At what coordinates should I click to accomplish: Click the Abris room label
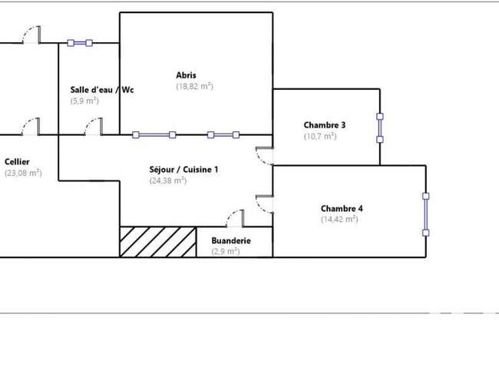tap(187, 75)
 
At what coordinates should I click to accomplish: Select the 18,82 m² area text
tap(194, 86)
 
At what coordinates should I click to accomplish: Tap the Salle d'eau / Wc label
tap(102, 90)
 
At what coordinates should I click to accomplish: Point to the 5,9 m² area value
tap(84, 101)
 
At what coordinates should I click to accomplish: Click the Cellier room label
tap(17, 162)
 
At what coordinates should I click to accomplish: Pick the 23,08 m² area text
tap(23, 173)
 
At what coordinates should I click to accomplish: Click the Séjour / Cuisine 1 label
tap(184, 169)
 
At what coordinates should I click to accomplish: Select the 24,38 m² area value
tap(167, 180)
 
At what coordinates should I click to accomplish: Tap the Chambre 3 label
tap(325, 125)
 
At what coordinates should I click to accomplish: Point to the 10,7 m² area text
tap(320, 136)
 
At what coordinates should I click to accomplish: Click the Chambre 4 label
tap(342, 208)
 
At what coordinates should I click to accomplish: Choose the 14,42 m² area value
tap(339, 220)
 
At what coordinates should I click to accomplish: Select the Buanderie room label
tap(231, 240)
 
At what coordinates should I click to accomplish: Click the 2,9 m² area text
tap(225, 251)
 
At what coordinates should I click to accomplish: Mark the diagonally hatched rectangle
tap(158, 242)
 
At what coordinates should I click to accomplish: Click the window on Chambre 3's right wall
tap(380, 128)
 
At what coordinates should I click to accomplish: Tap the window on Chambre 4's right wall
tap(426, 214)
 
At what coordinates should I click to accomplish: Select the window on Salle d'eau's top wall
tap(80, 43)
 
